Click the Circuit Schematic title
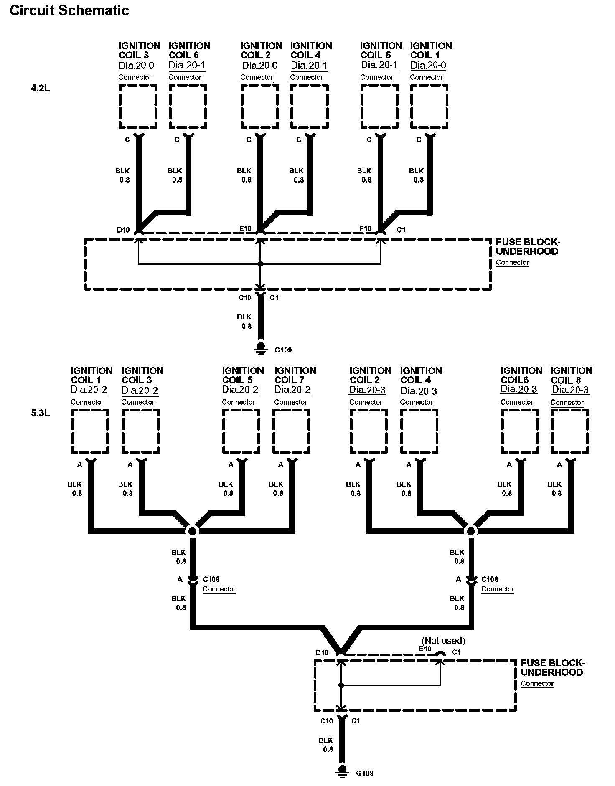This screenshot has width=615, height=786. [69, 10]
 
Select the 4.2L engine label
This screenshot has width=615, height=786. [41, 89]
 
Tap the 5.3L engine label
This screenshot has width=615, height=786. [41, 414]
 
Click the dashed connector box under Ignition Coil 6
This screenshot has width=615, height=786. [188, 107]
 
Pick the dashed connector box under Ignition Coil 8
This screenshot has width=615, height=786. [570, 431]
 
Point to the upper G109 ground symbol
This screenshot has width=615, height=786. [261, 348]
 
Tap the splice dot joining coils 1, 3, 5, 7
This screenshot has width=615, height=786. [192, 531]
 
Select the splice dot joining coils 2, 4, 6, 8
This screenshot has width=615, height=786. [471, 531]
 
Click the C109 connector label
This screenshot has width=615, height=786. [211, 579]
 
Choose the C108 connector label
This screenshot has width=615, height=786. [490, 579]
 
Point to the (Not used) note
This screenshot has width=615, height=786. [443, 641]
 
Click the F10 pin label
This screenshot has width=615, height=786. [366, 228]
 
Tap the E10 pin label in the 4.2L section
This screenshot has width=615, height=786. [245, 228]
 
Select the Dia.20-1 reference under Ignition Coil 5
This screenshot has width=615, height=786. [379, 65]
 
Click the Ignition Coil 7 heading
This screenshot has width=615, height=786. [295, 375]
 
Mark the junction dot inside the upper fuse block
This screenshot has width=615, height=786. [260, 264]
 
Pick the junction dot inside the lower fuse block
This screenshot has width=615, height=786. [341, 685]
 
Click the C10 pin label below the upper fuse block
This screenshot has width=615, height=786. [245, 298]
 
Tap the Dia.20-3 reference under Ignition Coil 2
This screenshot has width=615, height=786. [367, 390]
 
